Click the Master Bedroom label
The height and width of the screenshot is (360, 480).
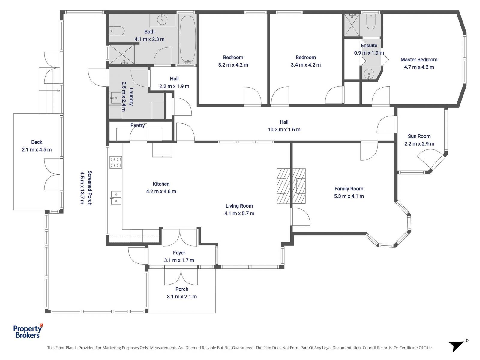pyautogui.click(x=419, y=60)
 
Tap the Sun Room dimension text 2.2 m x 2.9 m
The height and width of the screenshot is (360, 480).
pyautogui.click(x=419, y=144)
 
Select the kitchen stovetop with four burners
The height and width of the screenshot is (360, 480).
pyautogui.click(x=116, y=162)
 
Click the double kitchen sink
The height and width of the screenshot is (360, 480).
pyautogui.click(x=116, y=198)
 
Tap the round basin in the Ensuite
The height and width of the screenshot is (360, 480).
pyautogui.click(x=368, y=73)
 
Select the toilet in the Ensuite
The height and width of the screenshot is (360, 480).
pyautogui.click(x=371, y=22)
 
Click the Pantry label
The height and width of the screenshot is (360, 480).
pyautogui.click(x=137, y=125)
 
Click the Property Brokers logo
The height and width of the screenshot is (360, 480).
pyautogui.click(x=28, y=331)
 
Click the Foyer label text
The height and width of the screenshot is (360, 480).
pyautogui.click(x=179, y=253)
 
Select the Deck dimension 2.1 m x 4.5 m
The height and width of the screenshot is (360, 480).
pyautogui.click(x=37, y=150)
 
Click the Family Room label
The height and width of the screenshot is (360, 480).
pyautogui.click(x=349, y=189)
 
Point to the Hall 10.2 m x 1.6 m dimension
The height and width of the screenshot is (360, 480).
pyautogui.click(x=284, y=130)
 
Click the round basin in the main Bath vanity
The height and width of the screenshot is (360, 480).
pyautogui.click(x=162, y=20)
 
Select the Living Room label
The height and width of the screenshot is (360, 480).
pyautogui.click(x=239, y=206)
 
